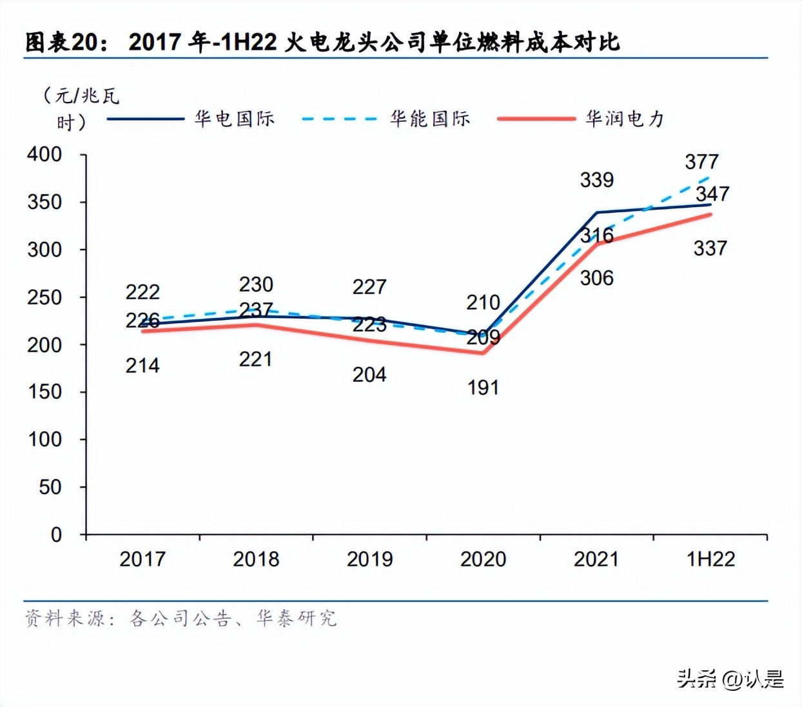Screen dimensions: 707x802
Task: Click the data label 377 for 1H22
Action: tap(701, 161)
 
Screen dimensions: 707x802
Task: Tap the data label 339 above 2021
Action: tap(596, 180)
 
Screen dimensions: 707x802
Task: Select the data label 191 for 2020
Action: tap(483, 388)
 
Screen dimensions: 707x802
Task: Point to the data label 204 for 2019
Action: tap(369, 374)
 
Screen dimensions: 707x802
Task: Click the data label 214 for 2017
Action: tap(142, 366)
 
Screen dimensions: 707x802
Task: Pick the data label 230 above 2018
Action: tap(256, 284)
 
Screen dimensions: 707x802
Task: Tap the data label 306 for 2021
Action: tap(596, 278)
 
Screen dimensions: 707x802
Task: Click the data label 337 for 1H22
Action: tap(710, 248)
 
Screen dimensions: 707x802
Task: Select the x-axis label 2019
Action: tap(369, 559)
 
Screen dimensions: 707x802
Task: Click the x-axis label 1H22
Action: tap(710, 559)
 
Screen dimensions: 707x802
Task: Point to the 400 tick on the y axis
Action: tap(44, 154)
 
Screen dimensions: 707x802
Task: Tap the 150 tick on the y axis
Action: tap(44, 392)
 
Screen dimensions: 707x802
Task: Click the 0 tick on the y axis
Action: tap(56, 534)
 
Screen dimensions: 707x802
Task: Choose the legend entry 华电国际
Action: tap(235, 119)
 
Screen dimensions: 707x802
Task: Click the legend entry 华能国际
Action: tap(430, 119)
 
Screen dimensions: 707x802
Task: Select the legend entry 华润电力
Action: tap(624, 119)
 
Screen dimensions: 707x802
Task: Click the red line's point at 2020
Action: tap(483, 353)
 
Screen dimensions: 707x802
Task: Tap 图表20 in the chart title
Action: tap(63, 43)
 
